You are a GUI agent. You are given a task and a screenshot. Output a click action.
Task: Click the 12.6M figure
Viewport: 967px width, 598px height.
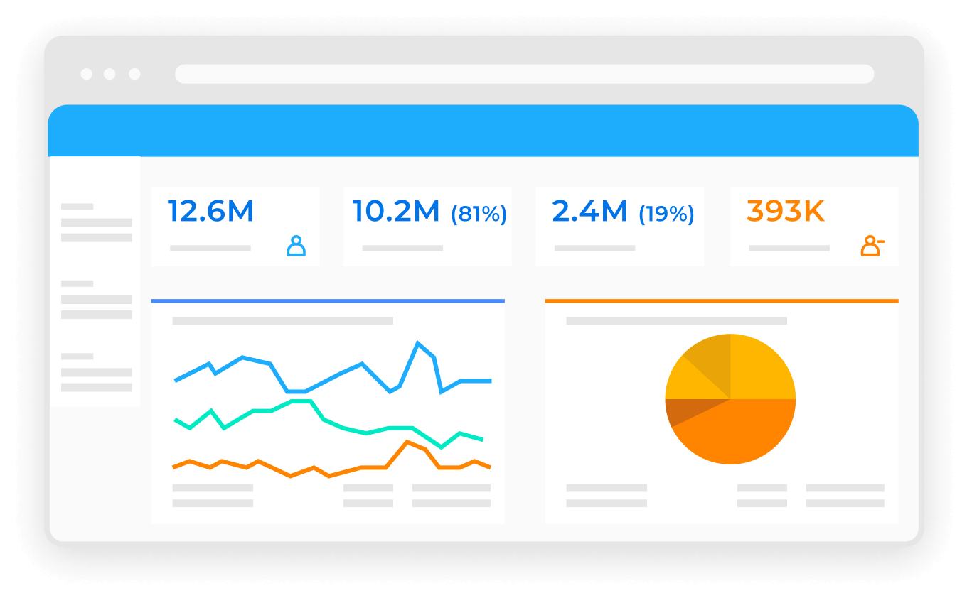(x=210, y=211)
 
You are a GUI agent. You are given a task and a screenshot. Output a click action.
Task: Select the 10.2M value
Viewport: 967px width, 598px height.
(x=396, y=211)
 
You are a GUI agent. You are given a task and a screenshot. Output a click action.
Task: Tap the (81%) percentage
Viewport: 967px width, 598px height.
(x=479, y=214)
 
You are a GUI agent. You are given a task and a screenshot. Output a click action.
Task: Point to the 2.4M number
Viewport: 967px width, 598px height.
(x=589, y=211)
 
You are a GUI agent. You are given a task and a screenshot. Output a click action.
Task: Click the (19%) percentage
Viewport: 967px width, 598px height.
(x=666, y=214)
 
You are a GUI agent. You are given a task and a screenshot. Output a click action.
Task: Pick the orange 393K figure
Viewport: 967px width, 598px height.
(x=786, y=211)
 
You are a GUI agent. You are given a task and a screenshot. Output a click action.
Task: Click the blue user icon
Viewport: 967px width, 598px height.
(x=296, y=246)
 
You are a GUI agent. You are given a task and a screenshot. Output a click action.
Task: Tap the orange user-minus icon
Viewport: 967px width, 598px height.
(x=872, y=246)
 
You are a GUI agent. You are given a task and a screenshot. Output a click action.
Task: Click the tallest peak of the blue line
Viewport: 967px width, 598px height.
(x=417, y=342)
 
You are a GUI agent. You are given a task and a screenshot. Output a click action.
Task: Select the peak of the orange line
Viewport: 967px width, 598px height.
(x=407, y=442)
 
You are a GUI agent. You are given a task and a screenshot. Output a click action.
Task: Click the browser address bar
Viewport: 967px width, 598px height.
(x=525, y=74)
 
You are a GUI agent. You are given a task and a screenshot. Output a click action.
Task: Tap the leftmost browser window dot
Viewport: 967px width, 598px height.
(x=86, y=74)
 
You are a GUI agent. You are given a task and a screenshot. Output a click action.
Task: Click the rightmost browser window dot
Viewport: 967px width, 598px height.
(x=134, y=74)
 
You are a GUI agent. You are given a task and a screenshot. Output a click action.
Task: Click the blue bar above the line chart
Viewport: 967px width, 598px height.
(x=328, y=301)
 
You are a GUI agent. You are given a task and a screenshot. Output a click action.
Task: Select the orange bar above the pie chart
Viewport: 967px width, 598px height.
(x=722, y=301)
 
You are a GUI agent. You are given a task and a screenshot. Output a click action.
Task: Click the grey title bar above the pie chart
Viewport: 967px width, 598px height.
(x=676, y=321)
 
